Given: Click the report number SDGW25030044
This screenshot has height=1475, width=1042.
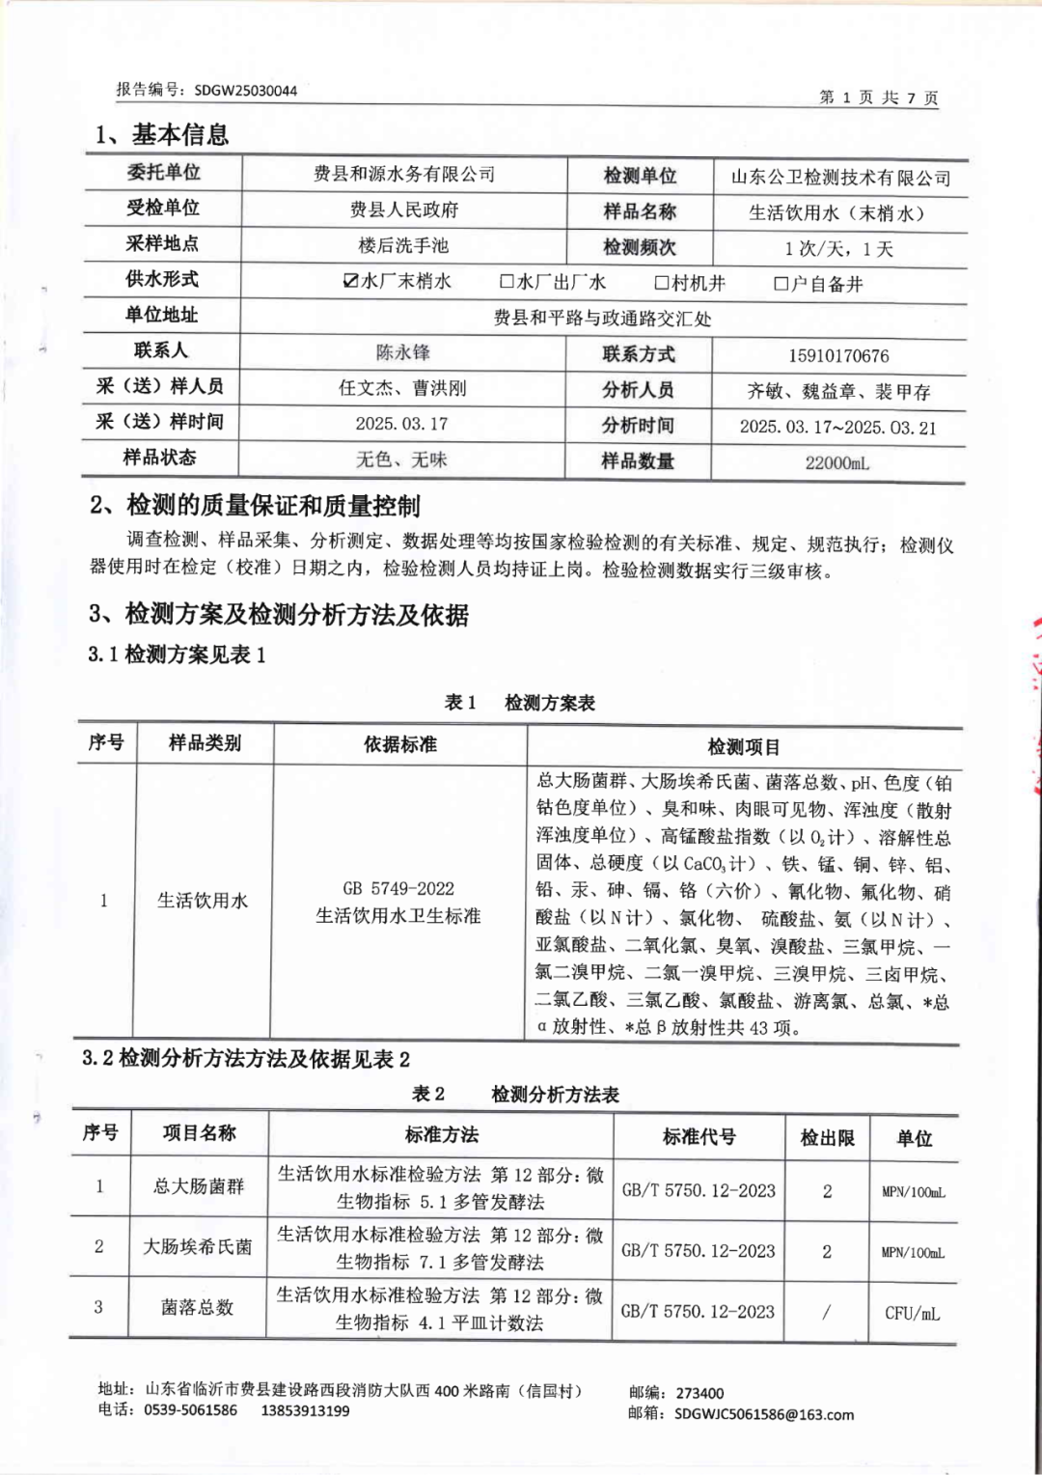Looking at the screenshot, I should tap(245, 91).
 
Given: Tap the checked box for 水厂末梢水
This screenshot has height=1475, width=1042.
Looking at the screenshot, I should tap(351, 281).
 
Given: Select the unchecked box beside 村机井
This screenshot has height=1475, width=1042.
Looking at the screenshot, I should tap(662, 283).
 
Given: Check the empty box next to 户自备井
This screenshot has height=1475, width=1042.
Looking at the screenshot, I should tap(781, 284).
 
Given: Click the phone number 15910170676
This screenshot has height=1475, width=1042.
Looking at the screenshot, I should tap(838, 355).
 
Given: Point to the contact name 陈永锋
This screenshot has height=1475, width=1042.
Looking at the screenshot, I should tap(403, 352).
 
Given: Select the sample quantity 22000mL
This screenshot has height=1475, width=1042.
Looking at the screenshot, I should tap(837, 462).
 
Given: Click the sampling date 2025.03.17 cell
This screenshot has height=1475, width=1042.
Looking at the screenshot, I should tap(401, 424).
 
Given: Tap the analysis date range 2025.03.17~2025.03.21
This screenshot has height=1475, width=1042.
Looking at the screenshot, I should tap(837, 428).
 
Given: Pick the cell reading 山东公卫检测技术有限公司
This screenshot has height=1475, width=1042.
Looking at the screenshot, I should tap(840, 178).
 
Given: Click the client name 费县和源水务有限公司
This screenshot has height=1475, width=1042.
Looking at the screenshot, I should tap(404, 174).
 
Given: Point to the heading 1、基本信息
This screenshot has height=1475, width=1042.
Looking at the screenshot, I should tap(162, 134).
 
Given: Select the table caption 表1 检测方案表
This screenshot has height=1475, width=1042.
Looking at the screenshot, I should tap(520, 703).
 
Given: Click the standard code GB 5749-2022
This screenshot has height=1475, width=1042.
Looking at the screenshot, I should tap(398, 888).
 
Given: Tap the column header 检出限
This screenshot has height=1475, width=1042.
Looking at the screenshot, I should tap(827, 1138).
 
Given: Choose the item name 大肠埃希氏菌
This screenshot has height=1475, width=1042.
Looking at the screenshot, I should tap(198, 1247).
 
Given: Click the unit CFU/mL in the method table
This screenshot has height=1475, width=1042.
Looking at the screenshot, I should tap(912, 1313).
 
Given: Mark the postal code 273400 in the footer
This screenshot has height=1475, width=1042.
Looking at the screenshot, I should tap(699, 1393).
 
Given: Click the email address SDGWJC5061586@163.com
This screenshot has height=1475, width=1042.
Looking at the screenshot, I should tap(764, 1414).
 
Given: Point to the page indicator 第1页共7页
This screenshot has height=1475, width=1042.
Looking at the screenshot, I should tap(878, 97).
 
